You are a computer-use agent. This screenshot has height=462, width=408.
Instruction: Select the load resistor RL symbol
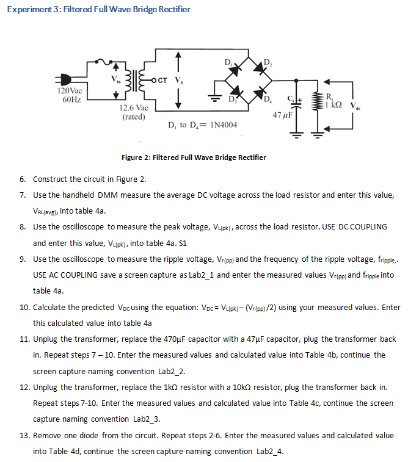click(x=317, y=101)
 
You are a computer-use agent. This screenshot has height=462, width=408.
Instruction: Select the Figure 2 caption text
click(x=194, y=157)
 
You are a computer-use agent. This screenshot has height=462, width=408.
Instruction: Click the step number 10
click(x=23, y=307)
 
